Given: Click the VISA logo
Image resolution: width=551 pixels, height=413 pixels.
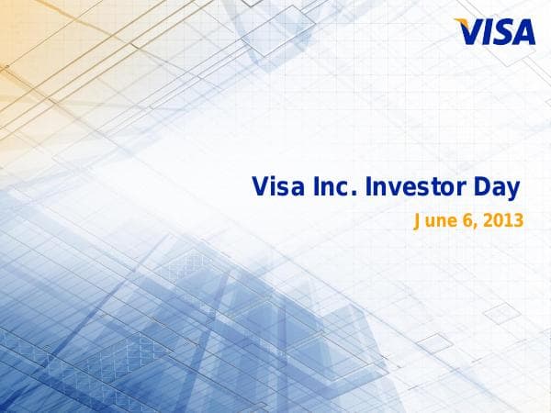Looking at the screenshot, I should (497, 32).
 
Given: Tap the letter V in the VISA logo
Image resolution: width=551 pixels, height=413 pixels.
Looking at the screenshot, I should (471, 33).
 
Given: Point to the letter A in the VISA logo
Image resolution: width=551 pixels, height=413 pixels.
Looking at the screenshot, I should (523, 33).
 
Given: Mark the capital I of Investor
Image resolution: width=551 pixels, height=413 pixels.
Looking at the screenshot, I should (369, 188).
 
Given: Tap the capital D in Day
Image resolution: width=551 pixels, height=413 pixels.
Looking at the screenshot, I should (481, 188).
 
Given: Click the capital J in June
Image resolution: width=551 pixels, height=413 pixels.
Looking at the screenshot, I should (419, 221).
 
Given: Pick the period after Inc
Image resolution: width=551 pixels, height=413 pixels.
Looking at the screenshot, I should (355, 195).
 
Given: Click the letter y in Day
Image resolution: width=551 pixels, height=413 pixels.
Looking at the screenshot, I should (513, 192).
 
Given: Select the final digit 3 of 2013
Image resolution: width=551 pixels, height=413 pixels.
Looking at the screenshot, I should (518, 221).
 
